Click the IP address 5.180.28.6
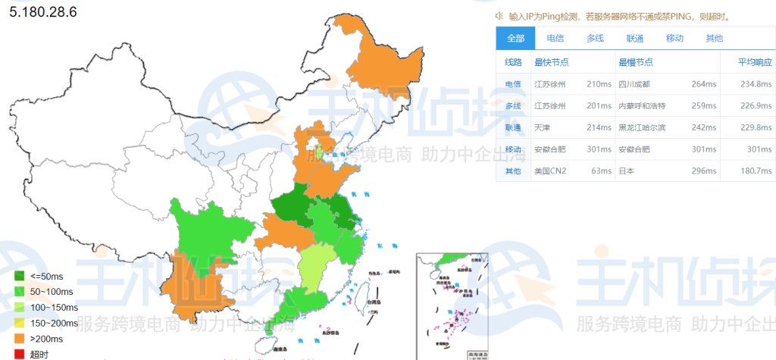[44, 13]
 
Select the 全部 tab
[515, 39]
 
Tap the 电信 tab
[555, 39]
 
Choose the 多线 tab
[595, 39]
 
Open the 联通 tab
[635, 39]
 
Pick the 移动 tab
[674, 39]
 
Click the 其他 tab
[714, 39]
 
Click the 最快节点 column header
[552, 62]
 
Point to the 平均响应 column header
[756, 62]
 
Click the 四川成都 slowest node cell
[634, 84]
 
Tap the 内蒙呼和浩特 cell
[642, 105]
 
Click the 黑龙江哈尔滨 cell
[642, 127]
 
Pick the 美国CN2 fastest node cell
[552, 171]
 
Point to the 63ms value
[601, 171]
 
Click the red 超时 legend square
[20, 353]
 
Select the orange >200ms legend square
[20, 338]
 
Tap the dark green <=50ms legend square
[20, 276]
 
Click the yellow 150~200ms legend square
[20, 323]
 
